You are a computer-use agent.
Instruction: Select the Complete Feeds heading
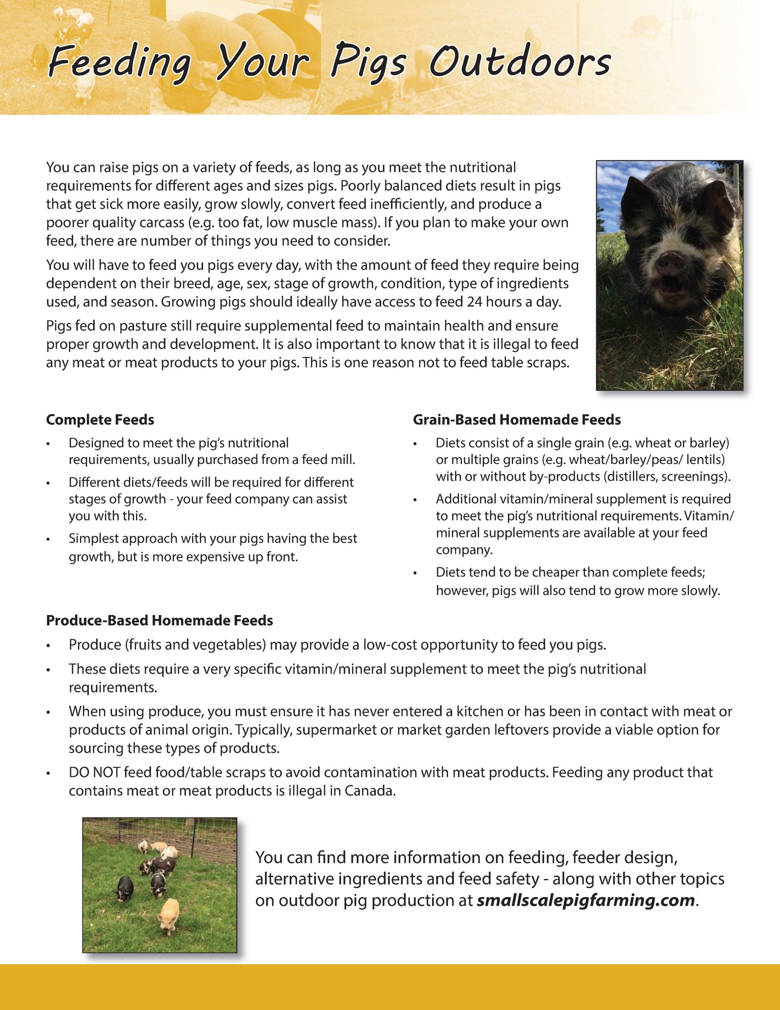coord(100,419)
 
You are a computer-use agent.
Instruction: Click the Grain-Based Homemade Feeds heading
coord(517,419)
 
